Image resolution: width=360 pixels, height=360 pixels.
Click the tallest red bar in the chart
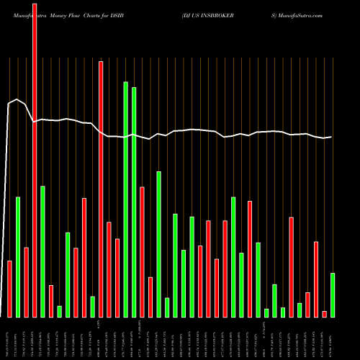click(35, 158)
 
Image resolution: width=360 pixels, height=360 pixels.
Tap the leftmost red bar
click(10, 289)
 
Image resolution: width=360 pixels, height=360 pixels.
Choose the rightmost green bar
click(333, 294)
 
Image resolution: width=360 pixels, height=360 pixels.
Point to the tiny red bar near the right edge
click(325, 313)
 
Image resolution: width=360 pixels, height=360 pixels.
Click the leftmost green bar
click(18, 256)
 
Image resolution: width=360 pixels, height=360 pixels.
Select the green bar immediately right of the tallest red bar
click(42, 251)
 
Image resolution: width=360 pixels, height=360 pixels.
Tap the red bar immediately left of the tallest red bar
click(27, 282)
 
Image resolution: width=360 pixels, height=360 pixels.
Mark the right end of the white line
click(332, 137)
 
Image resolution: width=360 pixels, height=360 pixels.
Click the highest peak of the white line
click(17, 99)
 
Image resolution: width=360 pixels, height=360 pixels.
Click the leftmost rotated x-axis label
click(10, 338)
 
